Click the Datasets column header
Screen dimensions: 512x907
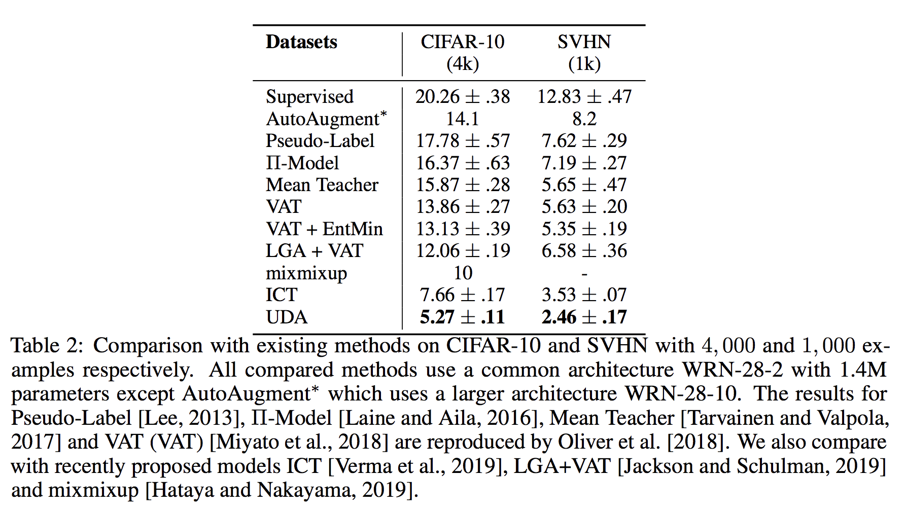point(301,42)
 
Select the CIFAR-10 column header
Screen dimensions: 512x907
point(462,42)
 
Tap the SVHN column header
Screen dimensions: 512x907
point(584,42)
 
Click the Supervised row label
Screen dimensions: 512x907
point(309,97)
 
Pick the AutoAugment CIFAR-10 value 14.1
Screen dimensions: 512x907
point(462,119)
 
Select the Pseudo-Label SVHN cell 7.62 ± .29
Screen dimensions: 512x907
point(584,141)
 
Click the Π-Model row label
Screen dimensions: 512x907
point(302,163)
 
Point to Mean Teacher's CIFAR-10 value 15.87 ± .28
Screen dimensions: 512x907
point(462,185)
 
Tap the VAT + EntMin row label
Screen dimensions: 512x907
point(324,229)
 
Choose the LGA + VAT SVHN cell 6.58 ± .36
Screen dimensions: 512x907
point(584,250)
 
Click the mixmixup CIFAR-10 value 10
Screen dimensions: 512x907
point(463,273)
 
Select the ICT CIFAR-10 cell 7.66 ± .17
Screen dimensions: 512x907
point(462,295)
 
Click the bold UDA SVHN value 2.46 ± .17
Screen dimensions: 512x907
point(584,317)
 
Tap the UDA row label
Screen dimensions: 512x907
point(287,317)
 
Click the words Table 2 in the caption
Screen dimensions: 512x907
point(46,346)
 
